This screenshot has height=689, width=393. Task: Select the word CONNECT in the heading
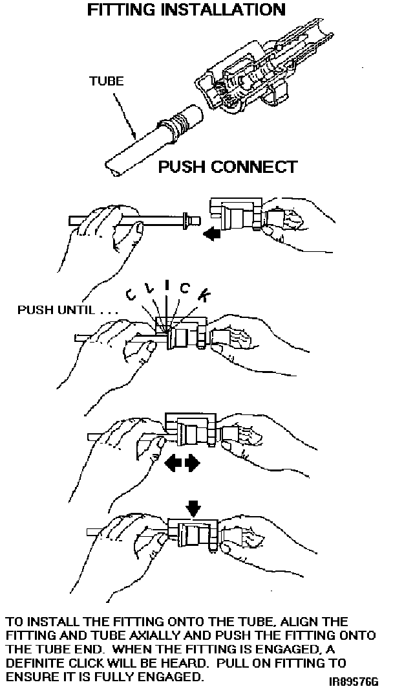[x=258, y=167]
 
